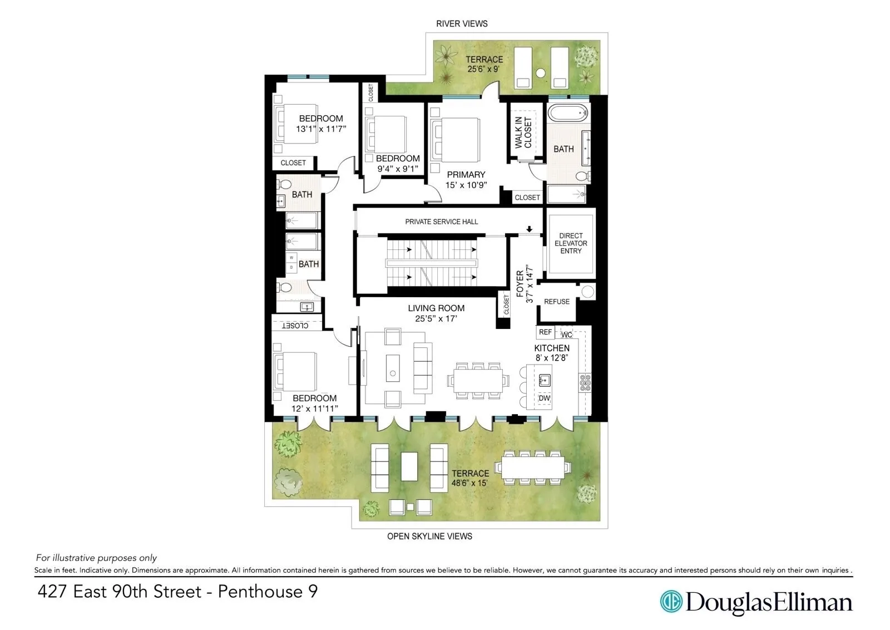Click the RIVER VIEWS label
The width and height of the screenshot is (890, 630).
462,23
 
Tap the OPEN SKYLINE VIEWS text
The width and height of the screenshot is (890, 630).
429,536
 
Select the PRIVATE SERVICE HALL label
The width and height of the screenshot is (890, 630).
441,222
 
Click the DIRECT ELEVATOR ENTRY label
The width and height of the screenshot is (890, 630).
571,243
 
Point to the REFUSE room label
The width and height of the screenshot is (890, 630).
557,302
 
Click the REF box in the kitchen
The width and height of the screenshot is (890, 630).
545,332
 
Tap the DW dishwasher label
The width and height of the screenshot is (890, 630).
544,398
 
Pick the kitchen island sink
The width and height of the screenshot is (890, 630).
545,380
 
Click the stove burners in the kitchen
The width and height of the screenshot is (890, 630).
585,381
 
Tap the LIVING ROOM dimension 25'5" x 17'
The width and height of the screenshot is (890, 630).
436,318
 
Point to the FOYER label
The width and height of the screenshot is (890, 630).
520,284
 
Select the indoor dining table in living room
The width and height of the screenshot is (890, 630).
478,381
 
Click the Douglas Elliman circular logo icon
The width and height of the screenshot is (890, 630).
671,602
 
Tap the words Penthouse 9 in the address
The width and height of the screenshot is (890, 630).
268,591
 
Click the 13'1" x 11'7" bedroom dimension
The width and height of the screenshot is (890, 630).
321,129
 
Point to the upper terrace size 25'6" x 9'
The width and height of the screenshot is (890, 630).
484,70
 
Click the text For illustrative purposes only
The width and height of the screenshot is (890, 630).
96,558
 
